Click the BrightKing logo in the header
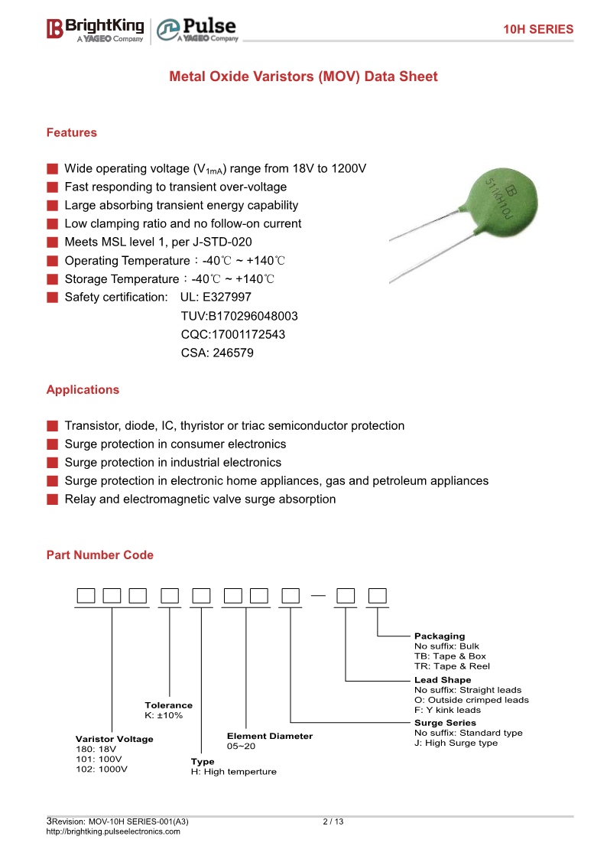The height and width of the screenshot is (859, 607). click(x=95, y=29)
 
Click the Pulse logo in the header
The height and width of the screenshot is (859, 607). click(x=197, y=30)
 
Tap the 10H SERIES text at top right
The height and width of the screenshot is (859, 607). click(x=537, y=29)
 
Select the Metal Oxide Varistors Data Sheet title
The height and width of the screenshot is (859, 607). click(x=303, y=76)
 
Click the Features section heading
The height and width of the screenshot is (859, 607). click(x=72, y=132)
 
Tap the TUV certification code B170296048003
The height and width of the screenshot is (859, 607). click(x=239, y=316)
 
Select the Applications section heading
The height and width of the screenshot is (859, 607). click(x=83, y=389)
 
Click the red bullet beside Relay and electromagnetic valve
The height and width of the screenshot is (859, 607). click(x=52, y=499)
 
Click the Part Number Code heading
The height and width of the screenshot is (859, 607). click(x=99, y=555)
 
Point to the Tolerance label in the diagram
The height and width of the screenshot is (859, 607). click(x=168, y=705)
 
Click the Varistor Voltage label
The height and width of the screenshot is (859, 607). click(x=114, y=739)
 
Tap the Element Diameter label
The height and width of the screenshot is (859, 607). click(x=269, y=736)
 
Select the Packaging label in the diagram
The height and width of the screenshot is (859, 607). click(x=439, y=636)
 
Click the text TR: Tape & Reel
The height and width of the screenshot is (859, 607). click(x=452, y=666)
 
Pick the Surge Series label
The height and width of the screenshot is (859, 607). click(x=445, y=723)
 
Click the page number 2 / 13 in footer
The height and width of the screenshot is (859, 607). click(x=333, y=822)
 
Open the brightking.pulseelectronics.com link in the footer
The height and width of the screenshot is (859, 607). click(x=113, y=831)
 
